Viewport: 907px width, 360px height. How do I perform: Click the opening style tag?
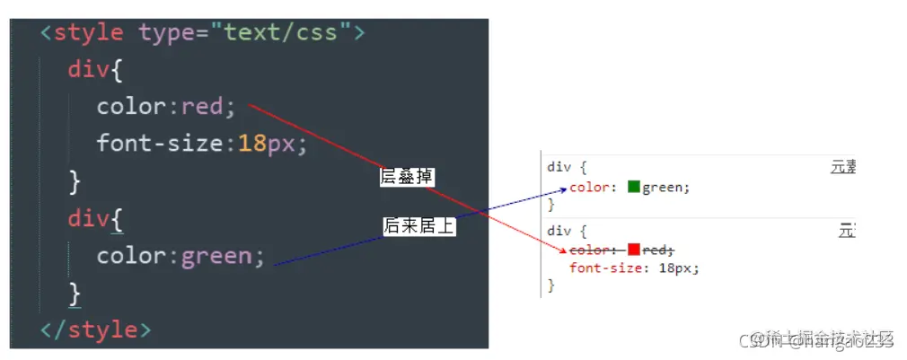click(x=86, y=33)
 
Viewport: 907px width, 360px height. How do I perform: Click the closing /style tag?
click(x=95, y=329)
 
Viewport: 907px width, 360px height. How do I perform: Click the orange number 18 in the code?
click(x=252, y=144)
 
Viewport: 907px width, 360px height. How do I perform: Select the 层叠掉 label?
click(x=407, y=178)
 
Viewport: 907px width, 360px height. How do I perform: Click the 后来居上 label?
click(x=418, y=227)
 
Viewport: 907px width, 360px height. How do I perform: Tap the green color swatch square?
click(x=633, y=187)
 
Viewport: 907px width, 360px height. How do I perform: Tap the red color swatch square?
click(x=633, y=250)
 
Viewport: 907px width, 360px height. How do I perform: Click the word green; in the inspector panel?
click(x=665, y=188)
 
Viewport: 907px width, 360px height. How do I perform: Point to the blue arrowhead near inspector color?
click(x=563, y=189)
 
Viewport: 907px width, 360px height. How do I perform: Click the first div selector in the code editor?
click(x=88, y=70)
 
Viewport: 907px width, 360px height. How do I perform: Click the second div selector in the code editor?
click(x=88, y=218)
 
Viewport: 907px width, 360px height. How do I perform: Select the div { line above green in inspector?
click(x=567, y=168)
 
